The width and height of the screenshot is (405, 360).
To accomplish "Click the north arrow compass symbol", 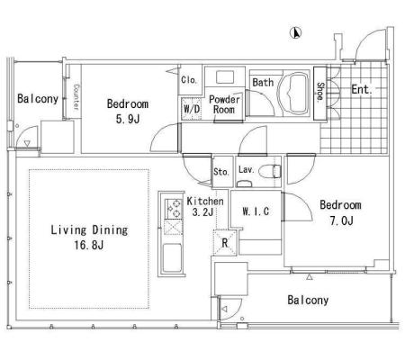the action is pyautogui.click(x=296, y=32).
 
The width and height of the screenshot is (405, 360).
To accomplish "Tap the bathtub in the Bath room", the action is pyautogui.click(x=293, y=94).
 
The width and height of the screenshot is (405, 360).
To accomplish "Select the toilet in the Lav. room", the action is pyautogui.click(x=269, y=172).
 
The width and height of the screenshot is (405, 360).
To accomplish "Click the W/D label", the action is pyautogui.click(x=192, y=109).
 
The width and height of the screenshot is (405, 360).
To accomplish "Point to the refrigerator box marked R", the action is pyautogui.click(x=225, y=242).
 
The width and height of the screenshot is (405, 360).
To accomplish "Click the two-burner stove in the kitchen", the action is pyautogui.click(x=174, y=209).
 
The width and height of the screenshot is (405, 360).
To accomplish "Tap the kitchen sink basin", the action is pyautogui.click(x=172, y=257).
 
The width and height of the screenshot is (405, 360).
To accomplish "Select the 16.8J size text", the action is pyautogui.click(x=89, y=245).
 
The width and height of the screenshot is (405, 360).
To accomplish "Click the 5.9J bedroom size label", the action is pyautogui.click(x=128, y=119).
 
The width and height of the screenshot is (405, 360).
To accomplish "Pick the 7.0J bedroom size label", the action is pyautogui.click(x=341, y=220).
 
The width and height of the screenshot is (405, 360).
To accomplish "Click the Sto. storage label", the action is pyautogui.click(x=221, y=172).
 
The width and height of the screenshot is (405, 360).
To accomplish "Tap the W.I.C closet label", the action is pyautogui.click(x=256, y=211).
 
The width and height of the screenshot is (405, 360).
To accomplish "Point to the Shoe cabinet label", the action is pyautogui.click(x=320, y=92).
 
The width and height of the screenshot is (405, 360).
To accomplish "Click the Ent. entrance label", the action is pyautogui.click(x=362, y=89).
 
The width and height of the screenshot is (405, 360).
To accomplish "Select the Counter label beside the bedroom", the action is pyautogui.click(x=76, y=97).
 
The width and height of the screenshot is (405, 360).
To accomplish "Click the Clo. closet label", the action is pyautogui.click(x=189, y=80).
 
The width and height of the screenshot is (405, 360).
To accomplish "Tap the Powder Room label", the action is pyautogui.click(x=224, y=104).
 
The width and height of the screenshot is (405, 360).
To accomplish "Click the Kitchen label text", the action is pyautogui.click(x=205, y=201).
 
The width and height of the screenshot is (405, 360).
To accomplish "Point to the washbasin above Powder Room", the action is pyautogui.click(x=225, y=77).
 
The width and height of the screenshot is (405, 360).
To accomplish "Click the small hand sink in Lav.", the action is pyautogui.click(x=244, y=184).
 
